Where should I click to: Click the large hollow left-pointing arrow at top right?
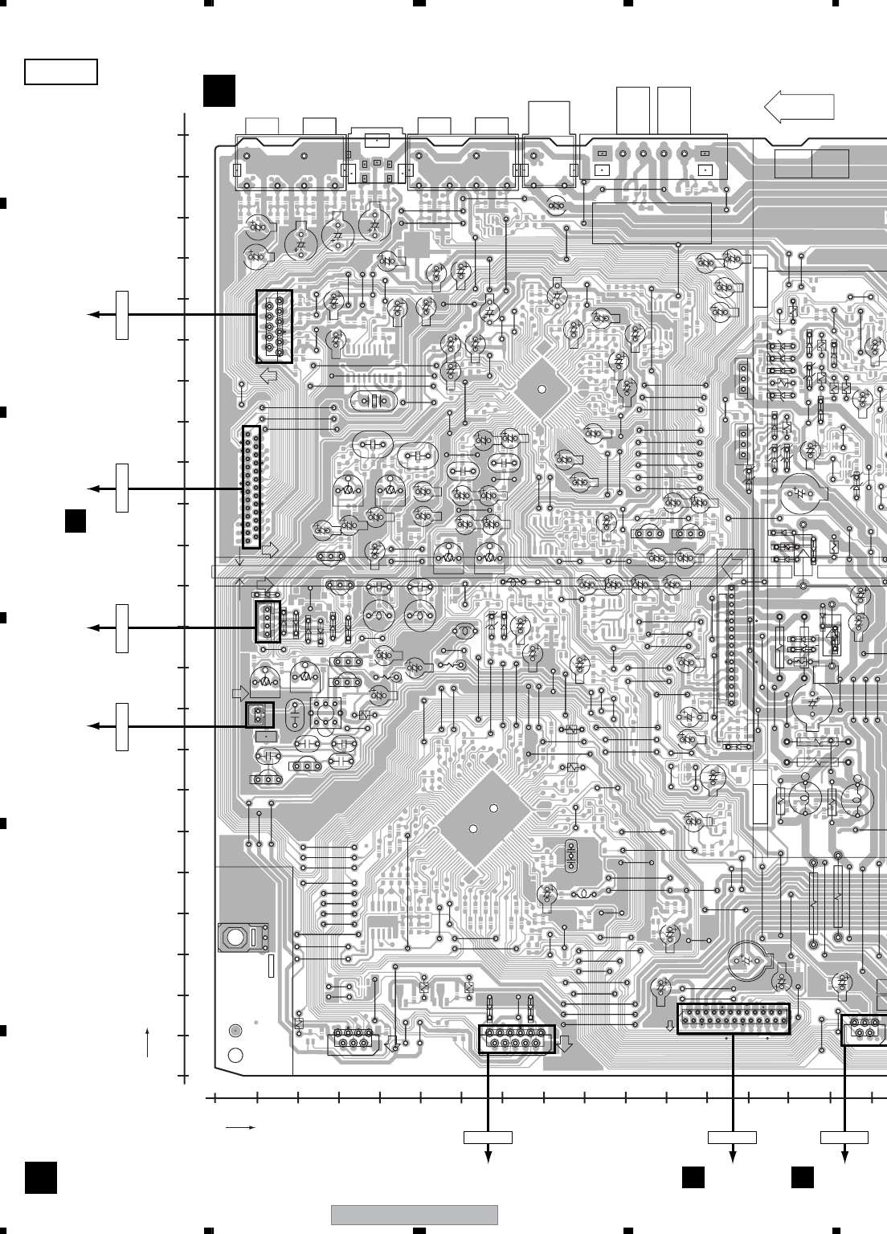(799, 107)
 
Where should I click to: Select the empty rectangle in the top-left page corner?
(61, 72)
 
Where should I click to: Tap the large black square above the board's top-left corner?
(219, 91)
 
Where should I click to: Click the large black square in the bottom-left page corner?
(40, 1178)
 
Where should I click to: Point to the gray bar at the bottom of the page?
(415, 1215)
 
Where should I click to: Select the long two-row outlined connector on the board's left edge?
(251, 488)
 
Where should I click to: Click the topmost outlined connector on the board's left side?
(274, 327)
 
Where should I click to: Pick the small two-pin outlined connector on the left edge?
(260, 714)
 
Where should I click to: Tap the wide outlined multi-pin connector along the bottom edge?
(734, 1019)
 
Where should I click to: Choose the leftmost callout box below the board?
(488, 1137)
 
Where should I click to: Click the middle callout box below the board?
(732, 1137)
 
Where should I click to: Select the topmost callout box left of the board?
(122, 315)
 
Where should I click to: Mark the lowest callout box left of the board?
(122, 726)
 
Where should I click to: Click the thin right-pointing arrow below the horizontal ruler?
(240, 1127)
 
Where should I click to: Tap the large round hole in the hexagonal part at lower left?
(235, 937)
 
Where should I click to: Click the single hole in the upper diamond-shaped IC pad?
(542, 390)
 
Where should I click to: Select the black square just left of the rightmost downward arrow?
(802, 1177)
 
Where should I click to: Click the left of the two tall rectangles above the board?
(632, 110)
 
